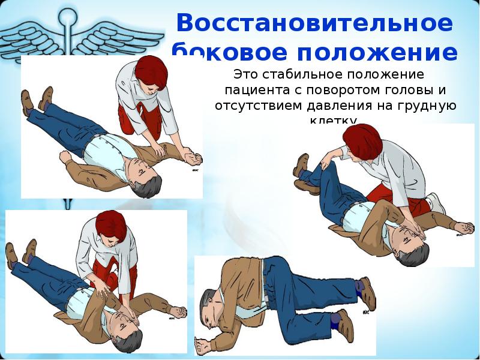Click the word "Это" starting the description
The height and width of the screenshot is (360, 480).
pos(246,76)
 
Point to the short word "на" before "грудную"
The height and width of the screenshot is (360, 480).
pos(385,106)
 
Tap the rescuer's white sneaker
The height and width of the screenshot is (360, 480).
pos(436,202)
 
